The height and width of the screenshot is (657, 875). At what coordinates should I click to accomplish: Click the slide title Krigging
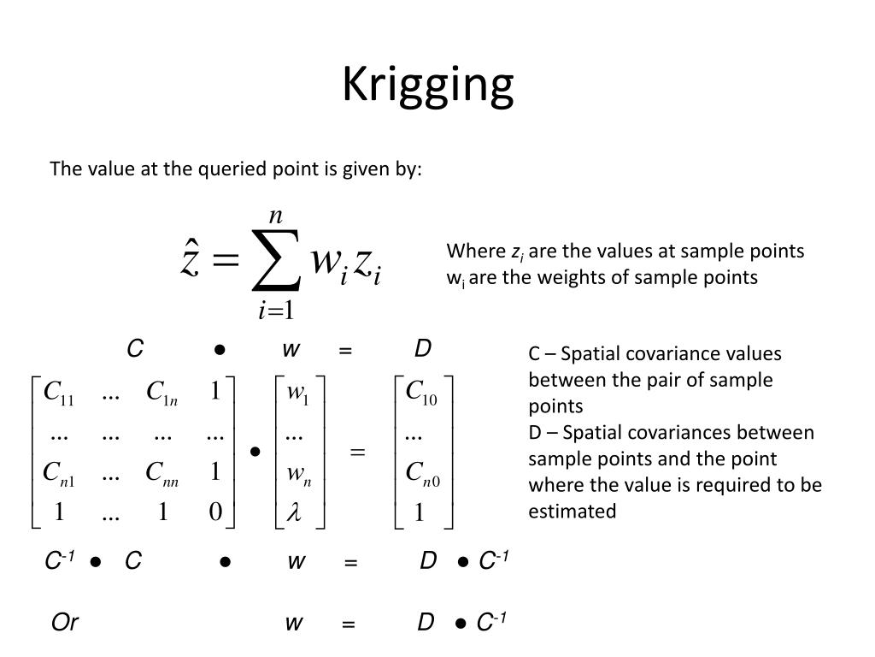(428, 85)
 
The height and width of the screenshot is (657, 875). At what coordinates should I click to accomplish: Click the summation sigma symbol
(275, 260)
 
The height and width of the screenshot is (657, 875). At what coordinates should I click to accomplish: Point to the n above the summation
(275, 216)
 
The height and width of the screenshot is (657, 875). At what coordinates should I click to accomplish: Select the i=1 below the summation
(276, 310)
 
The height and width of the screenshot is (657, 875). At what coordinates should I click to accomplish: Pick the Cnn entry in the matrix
(161, 472)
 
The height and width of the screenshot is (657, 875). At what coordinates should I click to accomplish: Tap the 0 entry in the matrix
(214, 512)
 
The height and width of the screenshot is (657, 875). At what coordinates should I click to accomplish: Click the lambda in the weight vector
(297, 512)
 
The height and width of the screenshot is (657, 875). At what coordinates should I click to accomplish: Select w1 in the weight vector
(297, 394)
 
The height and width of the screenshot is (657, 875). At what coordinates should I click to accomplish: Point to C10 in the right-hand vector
(421, 393)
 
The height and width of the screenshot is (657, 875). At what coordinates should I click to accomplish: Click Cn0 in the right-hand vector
(422, 472)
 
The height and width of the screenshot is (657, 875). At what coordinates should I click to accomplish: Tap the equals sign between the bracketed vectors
(357, 452)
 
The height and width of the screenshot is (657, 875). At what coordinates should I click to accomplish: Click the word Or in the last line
(65, 623)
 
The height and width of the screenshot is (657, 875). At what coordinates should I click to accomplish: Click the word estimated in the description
(572, 512)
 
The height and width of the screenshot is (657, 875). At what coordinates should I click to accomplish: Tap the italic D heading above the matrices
(422, 349)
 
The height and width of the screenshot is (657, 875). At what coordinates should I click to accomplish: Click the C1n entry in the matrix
(161, 393)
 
